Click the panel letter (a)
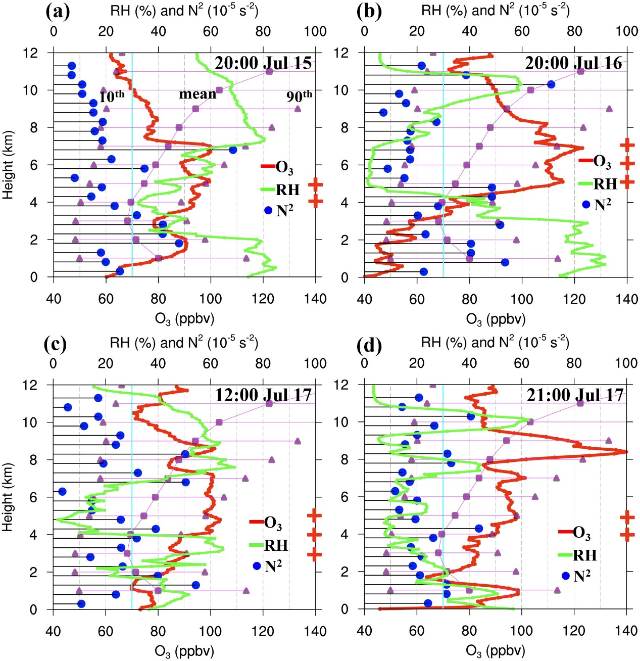click(58, 11)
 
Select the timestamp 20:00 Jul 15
click(263, 63)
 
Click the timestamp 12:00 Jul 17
click(263, 395)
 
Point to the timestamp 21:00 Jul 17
click(575, 395)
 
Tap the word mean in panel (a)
click(198, 95)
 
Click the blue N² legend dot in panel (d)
click(565, 576)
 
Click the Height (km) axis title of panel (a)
click(8, 165)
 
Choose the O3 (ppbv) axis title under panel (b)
click(496, 319)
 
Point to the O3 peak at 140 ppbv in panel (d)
click(625, 452)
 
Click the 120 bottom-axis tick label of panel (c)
click(263, 631)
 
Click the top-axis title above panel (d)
click(495, 343)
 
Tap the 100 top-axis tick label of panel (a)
click(315, 31)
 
